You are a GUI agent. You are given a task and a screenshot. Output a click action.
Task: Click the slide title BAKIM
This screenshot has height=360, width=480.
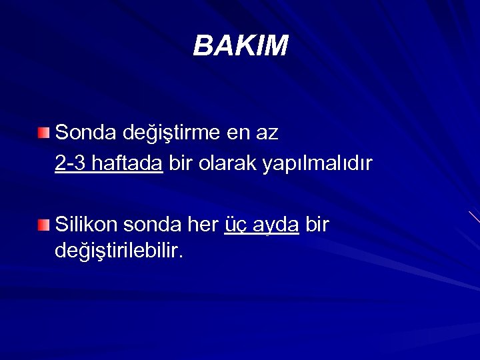pos(241,46)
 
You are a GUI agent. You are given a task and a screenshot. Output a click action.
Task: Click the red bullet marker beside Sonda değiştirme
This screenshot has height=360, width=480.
pos(43,133)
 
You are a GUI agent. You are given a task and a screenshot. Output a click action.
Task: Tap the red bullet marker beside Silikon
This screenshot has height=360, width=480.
pos(43,225)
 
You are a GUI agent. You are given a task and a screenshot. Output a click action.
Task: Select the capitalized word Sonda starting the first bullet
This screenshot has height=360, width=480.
pos(85,133)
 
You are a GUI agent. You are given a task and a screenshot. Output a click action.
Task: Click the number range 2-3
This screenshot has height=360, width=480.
pos(71,163)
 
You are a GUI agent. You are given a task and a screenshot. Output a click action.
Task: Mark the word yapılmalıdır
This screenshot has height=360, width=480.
pos(317,164)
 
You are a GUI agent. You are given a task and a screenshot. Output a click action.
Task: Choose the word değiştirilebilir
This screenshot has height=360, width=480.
pos(117,253)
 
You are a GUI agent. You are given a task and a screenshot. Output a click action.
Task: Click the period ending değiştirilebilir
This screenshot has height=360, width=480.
pos(180,257)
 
